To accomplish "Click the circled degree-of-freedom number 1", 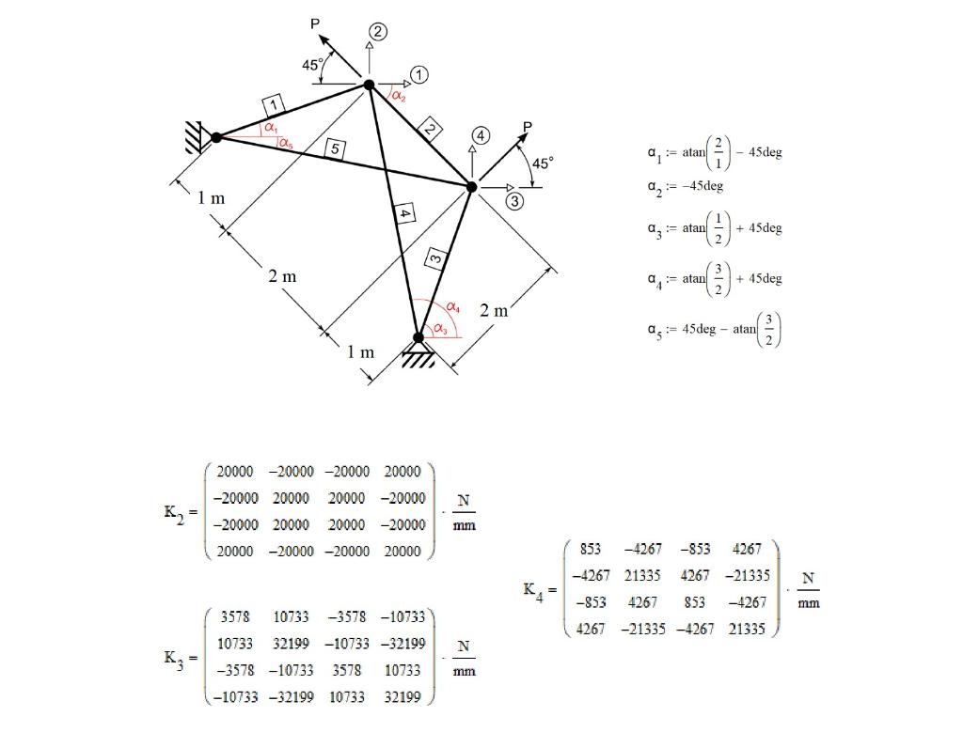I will [418, 74].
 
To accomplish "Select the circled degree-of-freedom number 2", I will [377, 33].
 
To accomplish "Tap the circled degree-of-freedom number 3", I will [514, 201].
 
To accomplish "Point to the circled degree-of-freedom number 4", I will [481, 135].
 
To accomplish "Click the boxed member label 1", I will [273, 104].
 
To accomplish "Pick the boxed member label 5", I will [336, 148].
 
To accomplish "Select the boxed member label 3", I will [434, 257].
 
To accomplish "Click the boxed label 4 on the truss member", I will [404, 214].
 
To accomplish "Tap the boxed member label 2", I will [429, 130].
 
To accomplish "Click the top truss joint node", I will [369, 85].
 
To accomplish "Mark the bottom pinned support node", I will [418, 337].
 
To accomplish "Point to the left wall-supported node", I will [216, 137].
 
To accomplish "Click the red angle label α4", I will [452, 307].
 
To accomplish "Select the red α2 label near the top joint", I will [399, 95].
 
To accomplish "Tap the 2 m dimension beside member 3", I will [494, 310].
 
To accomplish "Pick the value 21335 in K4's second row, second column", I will [643, 576].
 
